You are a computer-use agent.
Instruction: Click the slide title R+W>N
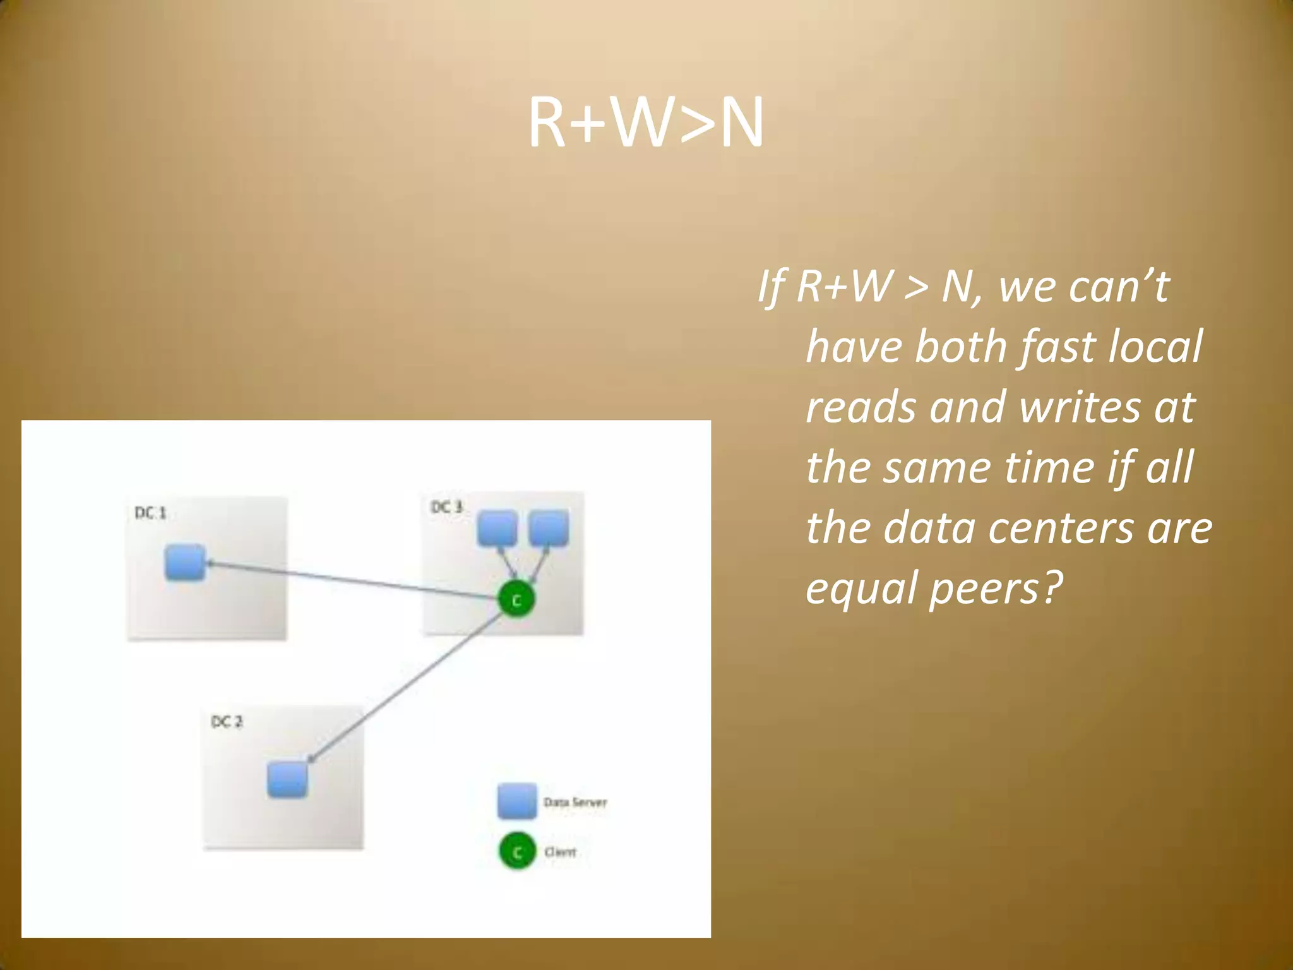pyautogui.click(x=645, y=123)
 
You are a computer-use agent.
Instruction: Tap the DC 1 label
pyautogui.click(x=150, y=513)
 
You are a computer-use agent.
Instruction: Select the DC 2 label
pyautogui.click(x=226, y=722)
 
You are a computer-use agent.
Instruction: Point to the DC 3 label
pyautogui.click(x=446, y=507)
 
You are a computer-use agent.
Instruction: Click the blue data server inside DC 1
pyautogui.click(x=185, y=562)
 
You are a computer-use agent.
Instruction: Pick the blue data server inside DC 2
pyautogui.click(x=287, y=780)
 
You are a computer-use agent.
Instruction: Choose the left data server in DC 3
pyautogui.click(x=497, y=529)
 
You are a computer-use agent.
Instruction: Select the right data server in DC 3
pyautogui.click(x=548, y=529)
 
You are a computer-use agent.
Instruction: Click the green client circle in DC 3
pyautogui.click(x=516, y=599)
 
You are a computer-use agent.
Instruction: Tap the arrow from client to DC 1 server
pyautogui.click(x=354, y=580)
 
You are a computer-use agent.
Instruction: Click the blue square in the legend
pyautogui.click(x=516, y=801)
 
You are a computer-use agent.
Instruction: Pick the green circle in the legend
pyautogui.click(x=517, y=852)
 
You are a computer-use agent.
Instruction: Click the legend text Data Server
pyautogui.click(x=575, y=803)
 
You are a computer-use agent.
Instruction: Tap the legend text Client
pyautogui.click(x=560, y=852)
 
